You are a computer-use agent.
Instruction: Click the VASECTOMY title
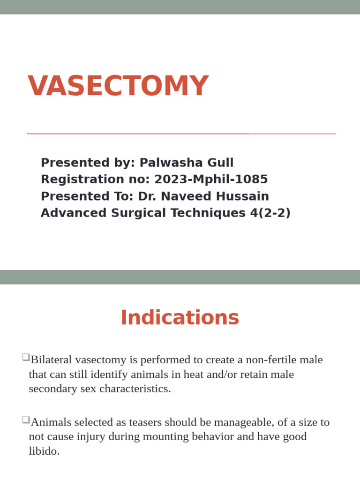coord(118,86)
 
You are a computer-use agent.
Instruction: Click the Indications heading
coord(180,317)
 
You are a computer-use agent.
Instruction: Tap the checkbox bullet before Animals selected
coord(25,420)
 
